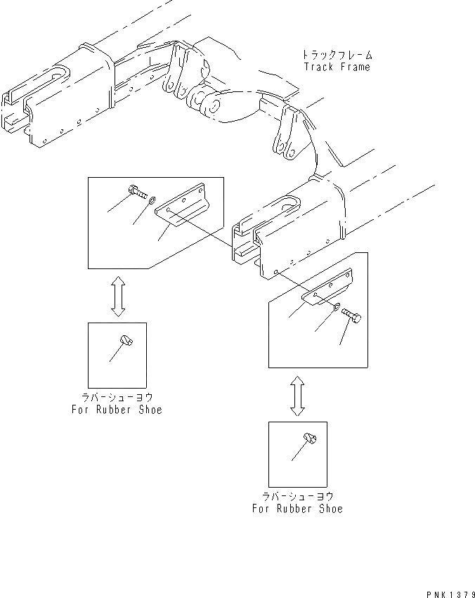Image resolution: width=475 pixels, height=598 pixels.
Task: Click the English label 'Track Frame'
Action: pos(337,67)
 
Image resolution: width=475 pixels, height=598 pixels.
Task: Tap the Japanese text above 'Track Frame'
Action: pos(337,55)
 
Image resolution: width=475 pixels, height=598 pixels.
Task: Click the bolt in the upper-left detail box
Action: pos(138,190)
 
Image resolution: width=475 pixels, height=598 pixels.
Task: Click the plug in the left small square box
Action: pos(126,341)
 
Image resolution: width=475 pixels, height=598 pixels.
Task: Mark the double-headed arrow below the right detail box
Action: pos(298,394)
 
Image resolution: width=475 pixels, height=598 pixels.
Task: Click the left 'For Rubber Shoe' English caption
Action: pos(117,410)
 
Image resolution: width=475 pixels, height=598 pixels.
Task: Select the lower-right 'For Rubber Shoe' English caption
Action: pos(297,508)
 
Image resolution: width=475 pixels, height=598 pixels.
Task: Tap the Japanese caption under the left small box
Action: pos(117,398)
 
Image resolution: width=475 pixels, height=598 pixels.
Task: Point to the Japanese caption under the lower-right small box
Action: pos(297,496)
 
